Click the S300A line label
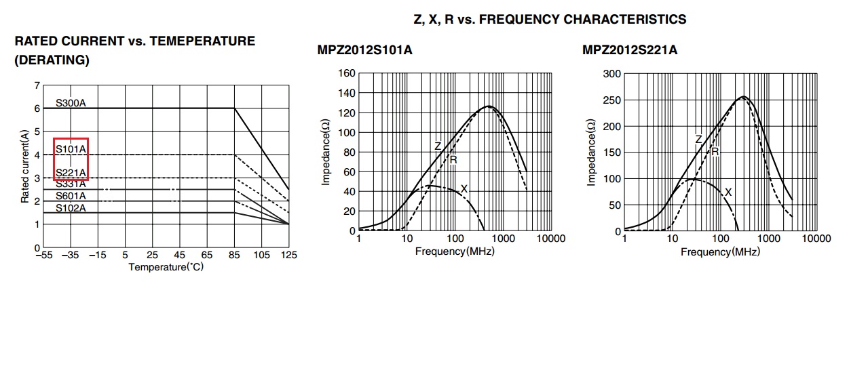click(x=71, y=104)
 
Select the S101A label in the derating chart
click(x=71, y=148)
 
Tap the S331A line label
click(x=71, y=184)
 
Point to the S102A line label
click(x=71, y=207)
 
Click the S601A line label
click(x=71, y=196)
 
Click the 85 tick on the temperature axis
click(x=234, y=256)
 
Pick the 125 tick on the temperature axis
click(x=289, y=256)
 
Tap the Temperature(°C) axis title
click(x=166, y=267)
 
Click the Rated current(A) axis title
click(x=25, y=167)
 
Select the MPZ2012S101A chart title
click(x=364, y=50)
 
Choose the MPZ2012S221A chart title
click(x=630, y=50)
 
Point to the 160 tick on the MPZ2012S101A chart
click(x=347, y=73)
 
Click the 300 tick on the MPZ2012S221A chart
click(x=611, y=74)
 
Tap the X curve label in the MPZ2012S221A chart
click(x=728, y=192)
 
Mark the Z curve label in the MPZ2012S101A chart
click(x=438, y=146)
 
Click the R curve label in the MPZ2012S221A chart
click(x=715, y=152)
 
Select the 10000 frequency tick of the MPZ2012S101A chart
click(x=550, y=239)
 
